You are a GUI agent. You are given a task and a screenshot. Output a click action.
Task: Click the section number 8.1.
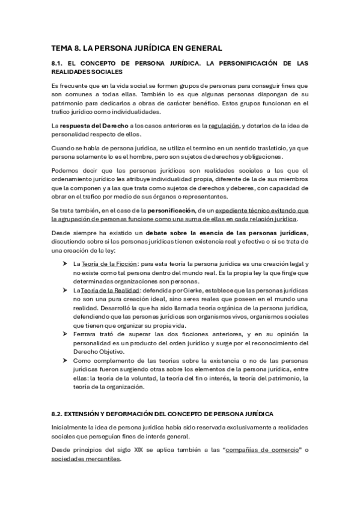pos(59,63)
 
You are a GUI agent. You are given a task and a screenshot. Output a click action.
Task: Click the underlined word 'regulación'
pos(223,125)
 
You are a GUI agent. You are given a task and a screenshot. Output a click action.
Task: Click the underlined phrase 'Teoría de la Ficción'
pos(108,247)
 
